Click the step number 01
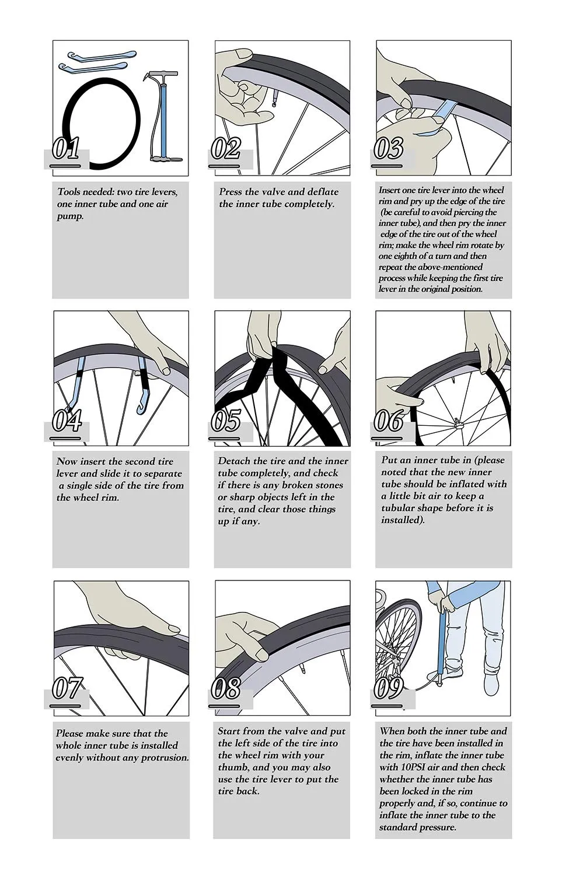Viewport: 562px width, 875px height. point(66,149)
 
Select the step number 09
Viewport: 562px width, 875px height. point(388,688)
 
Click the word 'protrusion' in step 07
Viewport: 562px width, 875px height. point(164,758)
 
